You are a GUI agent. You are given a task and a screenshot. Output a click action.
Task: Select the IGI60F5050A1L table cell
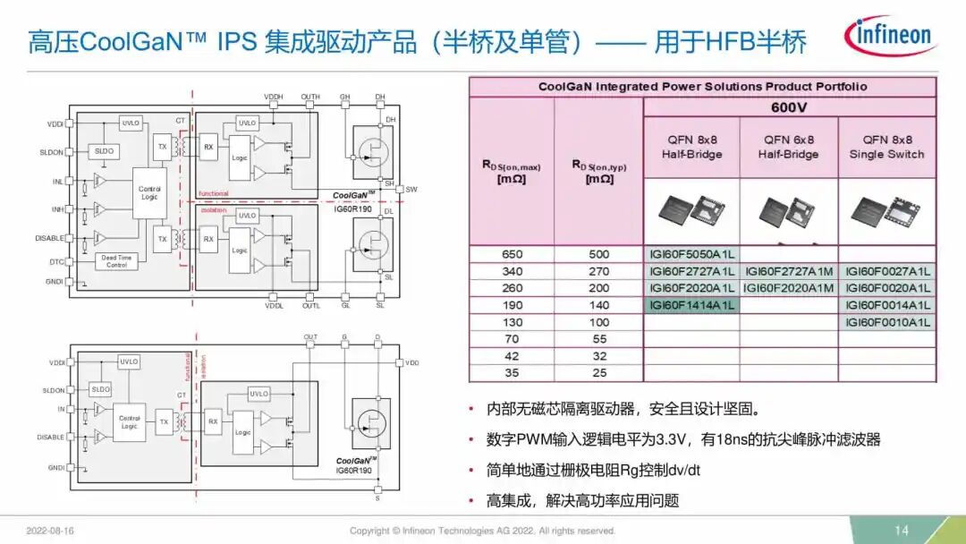[691, 254]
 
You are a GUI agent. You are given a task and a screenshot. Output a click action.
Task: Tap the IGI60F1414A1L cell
[691, 305]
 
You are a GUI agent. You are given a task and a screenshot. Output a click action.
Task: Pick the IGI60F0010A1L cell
[887, 322]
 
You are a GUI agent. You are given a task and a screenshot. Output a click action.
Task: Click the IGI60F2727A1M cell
[789, 271]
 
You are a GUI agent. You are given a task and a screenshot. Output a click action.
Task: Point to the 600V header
[789, 107]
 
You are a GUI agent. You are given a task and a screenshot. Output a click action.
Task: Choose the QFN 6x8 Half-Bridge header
[789, 147]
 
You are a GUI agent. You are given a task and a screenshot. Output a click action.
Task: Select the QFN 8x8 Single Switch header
[887, 147]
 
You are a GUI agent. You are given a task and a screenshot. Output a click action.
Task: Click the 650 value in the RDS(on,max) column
[513, 254]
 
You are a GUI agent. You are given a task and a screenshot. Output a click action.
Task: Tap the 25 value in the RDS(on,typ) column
[599, 373]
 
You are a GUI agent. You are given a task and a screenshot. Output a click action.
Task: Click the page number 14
[901, 531]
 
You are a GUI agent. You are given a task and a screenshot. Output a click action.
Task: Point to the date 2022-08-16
[52, 531]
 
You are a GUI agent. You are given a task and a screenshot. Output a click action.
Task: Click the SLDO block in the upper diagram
[105, 152]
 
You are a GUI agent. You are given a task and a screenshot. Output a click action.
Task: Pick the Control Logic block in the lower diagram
[130, 421]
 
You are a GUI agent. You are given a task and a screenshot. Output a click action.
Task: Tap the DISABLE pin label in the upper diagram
[50, 239]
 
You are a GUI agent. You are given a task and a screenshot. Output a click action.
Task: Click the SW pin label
[411, 190]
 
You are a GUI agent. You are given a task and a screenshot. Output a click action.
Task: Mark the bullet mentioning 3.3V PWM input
[683, 439]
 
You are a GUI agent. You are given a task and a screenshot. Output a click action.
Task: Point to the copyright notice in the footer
[482, 531]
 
